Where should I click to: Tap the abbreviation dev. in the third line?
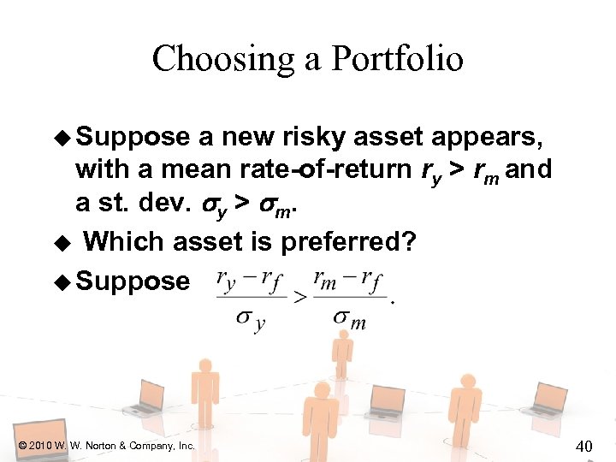point(157,202)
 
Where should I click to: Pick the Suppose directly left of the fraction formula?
point(133,280)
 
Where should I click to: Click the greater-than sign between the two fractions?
point(300,297)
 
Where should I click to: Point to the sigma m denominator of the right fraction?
point(349,321)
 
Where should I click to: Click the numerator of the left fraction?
point(252,281)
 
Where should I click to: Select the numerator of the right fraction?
point(349,281)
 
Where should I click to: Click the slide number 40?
point(584,445)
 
